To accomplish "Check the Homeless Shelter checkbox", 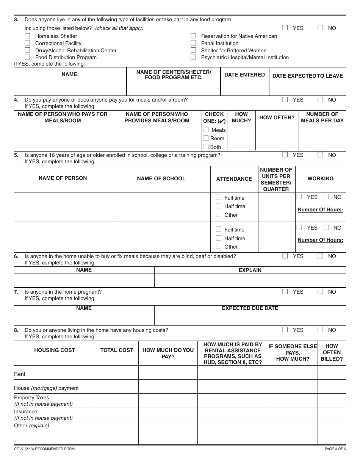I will pos(27,36).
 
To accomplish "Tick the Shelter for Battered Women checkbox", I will pos(193,50).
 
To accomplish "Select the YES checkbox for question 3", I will pos(285,28).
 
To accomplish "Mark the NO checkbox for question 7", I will pos(320,292).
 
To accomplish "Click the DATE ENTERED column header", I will pos(244,75).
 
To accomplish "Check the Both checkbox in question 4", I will pos(206,147).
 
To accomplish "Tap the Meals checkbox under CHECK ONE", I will pos(206,130).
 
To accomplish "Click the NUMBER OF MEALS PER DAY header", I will pos(322,117).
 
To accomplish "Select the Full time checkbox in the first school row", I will pos(219,197).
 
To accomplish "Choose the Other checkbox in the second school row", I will pos(219,246).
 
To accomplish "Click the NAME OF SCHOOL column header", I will pos(161,178).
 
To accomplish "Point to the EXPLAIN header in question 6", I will pos(250,270).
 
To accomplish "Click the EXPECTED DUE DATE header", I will pos(250,308).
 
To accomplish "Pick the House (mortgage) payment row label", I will pos(46,388).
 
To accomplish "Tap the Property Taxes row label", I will pos(31,397).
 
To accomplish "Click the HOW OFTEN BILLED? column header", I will pos(331,352).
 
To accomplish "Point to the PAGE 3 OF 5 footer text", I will pos(335,449).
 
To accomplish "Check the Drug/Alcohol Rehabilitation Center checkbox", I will pos(27,50).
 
